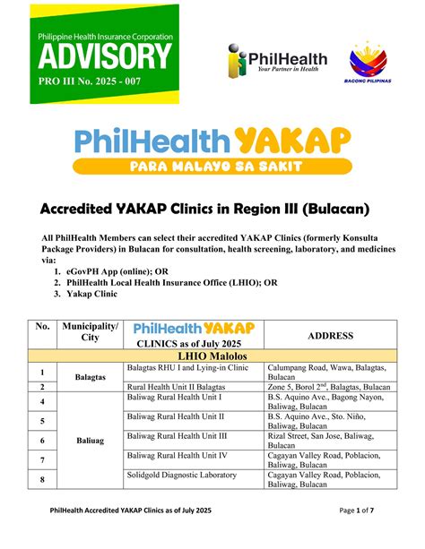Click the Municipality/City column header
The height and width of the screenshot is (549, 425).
(91, 333)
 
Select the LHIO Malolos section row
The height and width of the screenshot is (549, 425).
(212, 356)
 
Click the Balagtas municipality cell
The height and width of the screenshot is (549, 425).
(90, 378)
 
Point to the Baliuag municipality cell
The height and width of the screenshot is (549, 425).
(90, 441)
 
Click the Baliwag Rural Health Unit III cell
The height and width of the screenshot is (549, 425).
(177, 435)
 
